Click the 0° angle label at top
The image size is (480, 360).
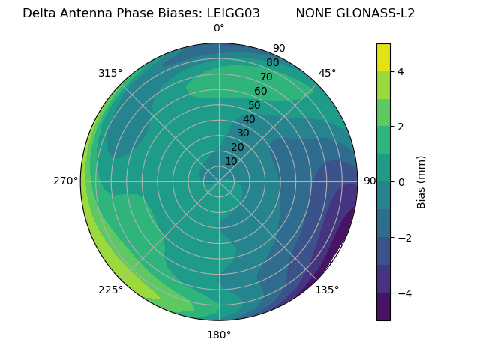click(219, 28)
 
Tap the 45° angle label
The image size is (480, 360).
click(328, 73)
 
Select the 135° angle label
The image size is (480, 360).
click(327, 289)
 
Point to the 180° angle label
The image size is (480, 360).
click(219, 334)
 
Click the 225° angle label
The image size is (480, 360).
click(110, 290)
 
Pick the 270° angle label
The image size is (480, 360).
click(66, 181)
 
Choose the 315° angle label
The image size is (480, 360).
click(110, 73)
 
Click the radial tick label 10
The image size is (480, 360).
click(231, 161)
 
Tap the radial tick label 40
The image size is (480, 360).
click(249, 119)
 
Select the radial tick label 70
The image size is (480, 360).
click(266, 77)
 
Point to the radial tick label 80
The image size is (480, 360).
click(272, 63)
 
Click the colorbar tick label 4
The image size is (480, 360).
click(401, 71)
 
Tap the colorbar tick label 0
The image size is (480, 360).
click(401, 182)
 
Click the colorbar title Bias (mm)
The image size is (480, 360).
click(421, 182)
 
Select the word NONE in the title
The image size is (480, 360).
click(314, 13)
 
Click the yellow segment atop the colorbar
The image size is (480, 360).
click(383, 58)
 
